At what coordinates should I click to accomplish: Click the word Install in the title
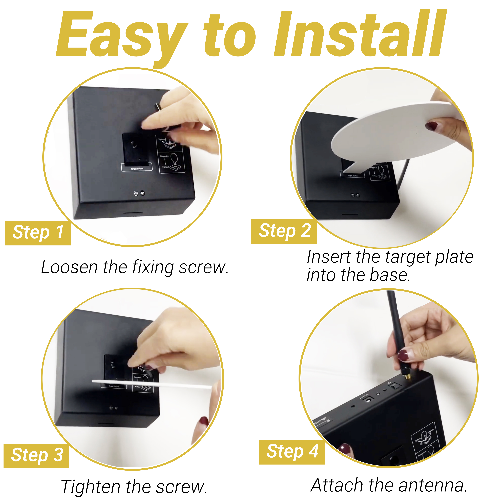pos(359,34)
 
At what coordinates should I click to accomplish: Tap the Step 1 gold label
pos(38,233)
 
